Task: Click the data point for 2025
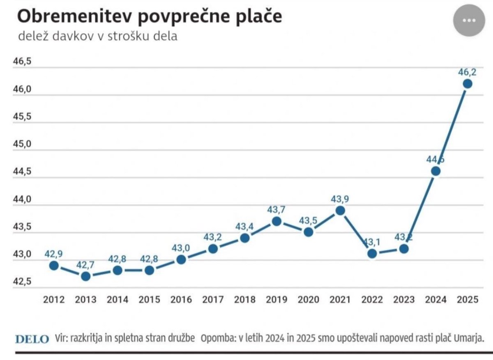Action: pyautogui.click(x=468, y=84)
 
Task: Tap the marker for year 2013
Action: pyautogui.click(x=85, y=276)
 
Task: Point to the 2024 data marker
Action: pyautogui.click(x=436, y=171)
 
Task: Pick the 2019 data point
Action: pyautogui.click(x=276, y=221)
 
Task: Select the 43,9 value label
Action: pyautogui.click(x=340, y=199)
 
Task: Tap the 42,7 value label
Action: pyautogui.click(x=85, y=265)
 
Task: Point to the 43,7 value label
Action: pyautogui.click(x=276, y=210)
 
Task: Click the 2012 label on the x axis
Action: pyautogui.click(x=54, y=299)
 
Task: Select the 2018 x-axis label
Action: pyautogui.click(x=245, y=299)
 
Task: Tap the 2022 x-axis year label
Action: pyautogui.click(x=372, y=299)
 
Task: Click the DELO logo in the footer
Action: pyautogui.click(x=32, y=339)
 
